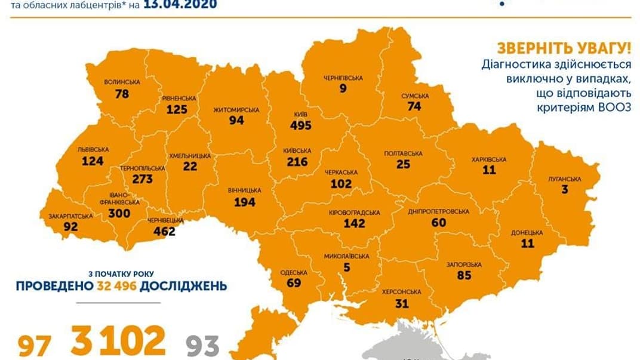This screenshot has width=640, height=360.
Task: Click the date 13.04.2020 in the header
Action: point(180,5)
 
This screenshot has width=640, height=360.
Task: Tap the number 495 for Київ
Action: point(301,125)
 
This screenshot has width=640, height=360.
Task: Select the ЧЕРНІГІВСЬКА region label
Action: point(343,78)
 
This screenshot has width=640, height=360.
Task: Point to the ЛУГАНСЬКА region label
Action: point(564,179)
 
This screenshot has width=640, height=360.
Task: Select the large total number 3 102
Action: point(118,341)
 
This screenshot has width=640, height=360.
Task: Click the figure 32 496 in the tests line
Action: point(117,286)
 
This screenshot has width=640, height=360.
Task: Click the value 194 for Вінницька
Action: point(245,202)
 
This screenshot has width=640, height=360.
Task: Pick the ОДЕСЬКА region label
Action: point(294,273)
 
